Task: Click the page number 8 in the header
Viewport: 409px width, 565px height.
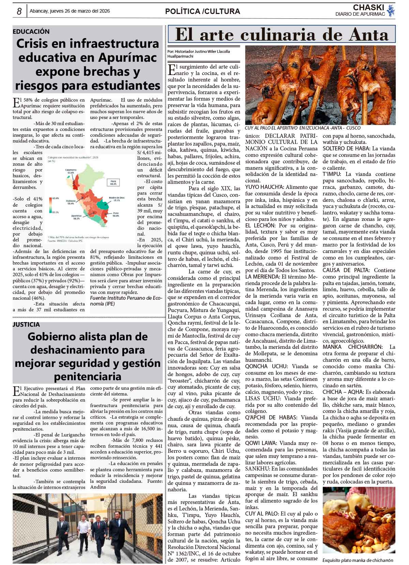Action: point(19,12)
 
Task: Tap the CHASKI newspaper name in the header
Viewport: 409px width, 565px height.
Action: point(368,8)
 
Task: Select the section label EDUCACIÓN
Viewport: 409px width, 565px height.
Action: point(31,31)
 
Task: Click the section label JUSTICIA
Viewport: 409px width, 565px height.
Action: point(27,324)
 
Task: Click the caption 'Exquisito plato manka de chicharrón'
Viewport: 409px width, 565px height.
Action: point(358,560)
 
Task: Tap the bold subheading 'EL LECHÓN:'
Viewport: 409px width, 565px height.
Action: point(260,225)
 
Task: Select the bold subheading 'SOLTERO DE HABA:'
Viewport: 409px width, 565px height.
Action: point(346,149)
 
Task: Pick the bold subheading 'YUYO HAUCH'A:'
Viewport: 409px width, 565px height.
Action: point(264,187)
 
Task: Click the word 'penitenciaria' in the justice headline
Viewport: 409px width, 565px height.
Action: point(88,376)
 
